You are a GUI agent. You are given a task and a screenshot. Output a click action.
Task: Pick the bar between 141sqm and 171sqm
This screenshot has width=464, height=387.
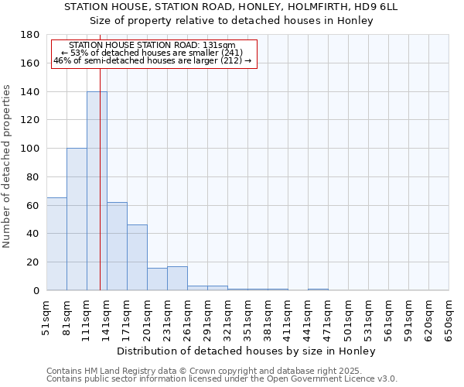(x=117, y=246)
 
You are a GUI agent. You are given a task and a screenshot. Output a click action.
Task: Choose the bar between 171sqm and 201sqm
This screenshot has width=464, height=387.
(x=137, y=258)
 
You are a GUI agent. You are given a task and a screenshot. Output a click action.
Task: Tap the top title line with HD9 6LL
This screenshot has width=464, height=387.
(x=231, y=6)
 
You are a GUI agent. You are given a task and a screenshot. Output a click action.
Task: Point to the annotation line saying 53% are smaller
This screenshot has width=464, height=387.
(x=152, y=53)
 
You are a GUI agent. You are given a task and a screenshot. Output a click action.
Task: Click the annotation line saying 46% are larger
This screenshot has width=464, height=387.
(x=152, y=60)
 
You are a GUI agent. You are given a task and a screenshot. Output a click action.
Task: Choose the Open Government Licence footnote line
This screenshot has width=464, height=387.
(x=222, y=379)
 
